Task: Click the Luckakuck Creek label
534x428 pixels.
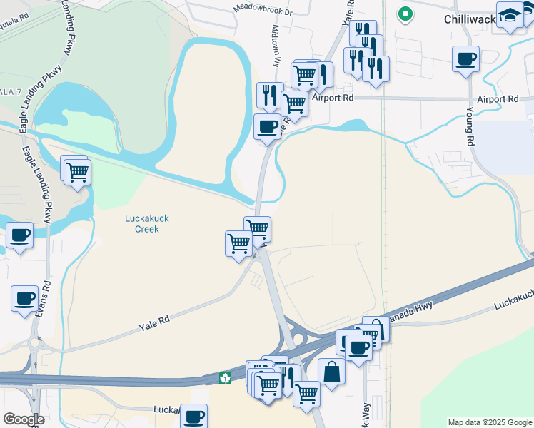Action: tap(146, 223)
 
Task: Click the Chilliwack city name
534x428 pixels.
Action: tap(469, 19)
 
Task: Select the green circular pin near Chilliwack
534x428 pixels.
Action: tap(405, 14)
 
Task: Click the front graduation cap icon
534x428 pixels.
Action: tap(510, 16)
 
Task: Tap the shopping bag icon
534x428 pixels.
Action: tap(331, 371)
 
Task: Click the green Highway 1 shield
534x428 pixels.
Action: tap(225, 378)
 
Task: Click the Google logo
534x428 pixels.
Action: tap(23, 419)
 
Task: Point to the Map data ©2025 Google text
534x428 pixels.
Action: tap(489, 422)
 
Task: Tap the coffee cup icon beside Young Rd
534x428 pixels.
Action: tap(465, 58)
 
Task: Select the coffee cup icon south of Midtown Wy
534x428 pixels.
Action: tap(268, 127)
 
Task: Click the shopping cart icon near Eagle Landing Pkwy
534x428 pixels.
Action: tap(77, 171)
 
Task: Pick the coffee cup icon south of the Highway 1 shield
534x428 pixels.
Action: tap(193, 415)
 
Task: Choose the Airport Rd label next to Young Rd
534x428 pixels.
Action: tap(498, 99)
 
